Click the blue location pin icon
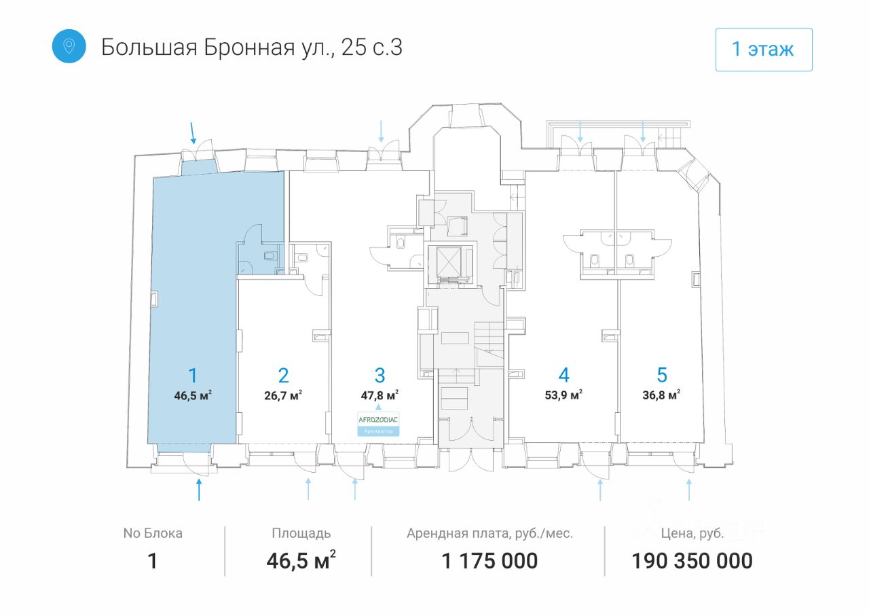pos(69,46)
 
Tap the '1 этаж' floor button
pos(763,50)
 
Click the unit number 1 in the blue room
pos(193,376)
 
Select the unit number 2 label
pos(283,376)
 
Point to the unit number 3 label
pos(380,375)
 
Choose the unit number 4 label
pos(563,375)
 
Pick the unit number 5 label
pos(662,375)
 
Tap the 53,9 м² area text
pos(563,395)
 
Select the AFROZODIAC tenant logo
pos(378,420)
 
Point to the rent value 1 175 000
pos(489,561)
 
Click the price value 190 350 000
pos(692,561)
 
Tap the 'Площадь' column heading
pos(301,533)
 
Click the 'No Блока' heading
pos(153,533)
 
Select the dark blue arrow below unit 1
pos(199,489)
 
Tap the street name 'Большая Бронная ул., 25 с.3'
pos(252,48)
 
